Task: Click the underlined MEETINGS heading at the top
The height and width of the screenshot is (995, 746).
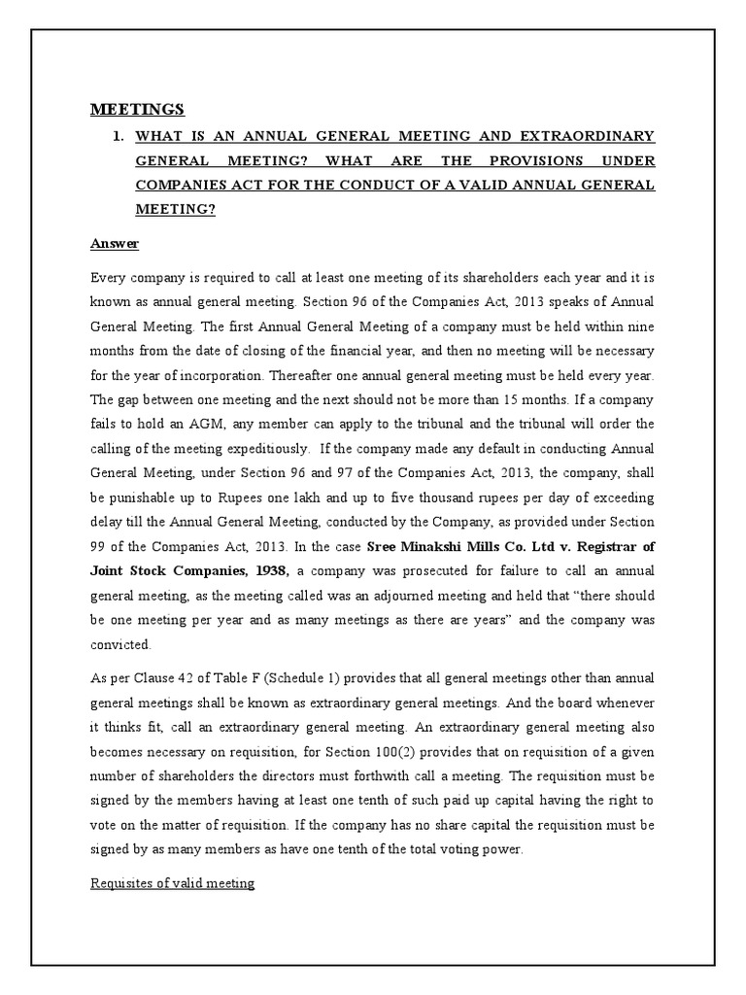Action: coord(137,108)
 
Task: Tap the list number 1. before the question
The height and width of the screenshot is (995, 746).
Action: coord(119,135)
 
